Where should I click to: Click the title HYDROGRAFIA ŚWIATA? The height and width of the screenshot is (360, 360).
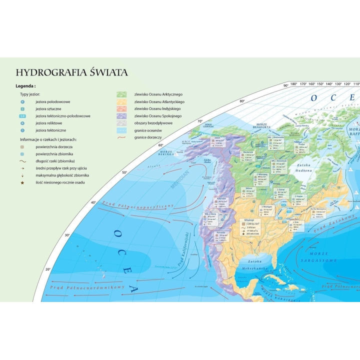pyautogui.click(x=72, y=72)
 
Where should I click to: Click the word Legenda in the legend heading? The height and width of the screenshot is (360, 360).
pyautogui.click(x=25, y=86)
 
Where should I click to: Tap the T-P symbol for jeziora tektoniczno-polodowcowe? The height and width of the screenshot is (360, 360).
pyautogui.click(x=23, y=116)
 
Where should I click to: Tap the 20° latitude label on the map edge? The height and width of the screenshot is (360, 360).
pyautogui.click(x=48, y=269)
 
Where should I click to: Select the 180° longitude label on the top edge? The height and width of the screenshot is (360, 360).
pyautogui.click(x=294, y=84)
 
